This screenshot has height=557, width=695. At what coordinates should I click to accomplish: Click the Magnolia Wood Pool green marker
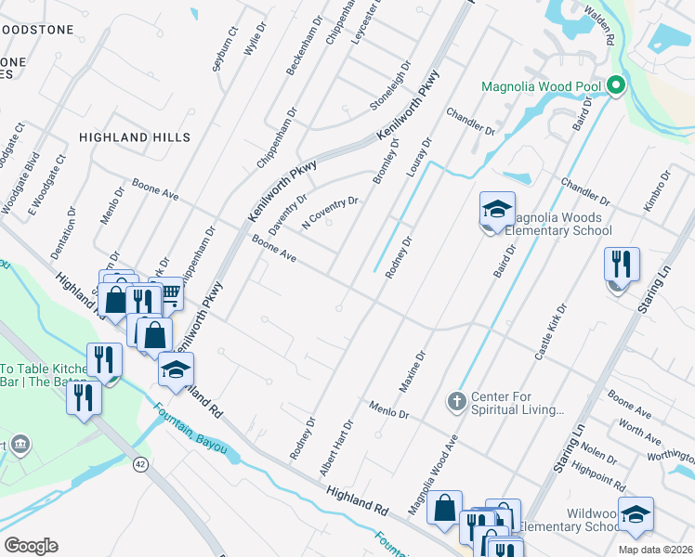615,87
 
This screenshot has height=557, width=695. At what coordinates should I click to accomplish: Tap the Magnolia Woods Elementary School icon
497,211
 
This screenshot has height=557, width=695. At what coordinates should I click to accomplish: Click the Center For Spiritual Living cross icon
455,401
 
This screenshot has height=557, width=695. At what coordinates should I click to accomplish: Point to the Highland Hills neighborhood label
135,137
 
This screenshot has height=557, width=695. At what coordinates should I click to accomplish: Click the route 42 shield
140,464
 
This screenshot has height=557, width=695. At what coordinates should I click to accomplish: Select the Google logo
31,545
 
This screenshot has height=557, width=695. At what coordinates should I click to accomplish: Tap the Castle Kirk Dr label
548,331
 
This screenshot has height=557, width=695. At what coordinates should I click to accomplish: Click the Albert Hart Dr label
336,448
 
